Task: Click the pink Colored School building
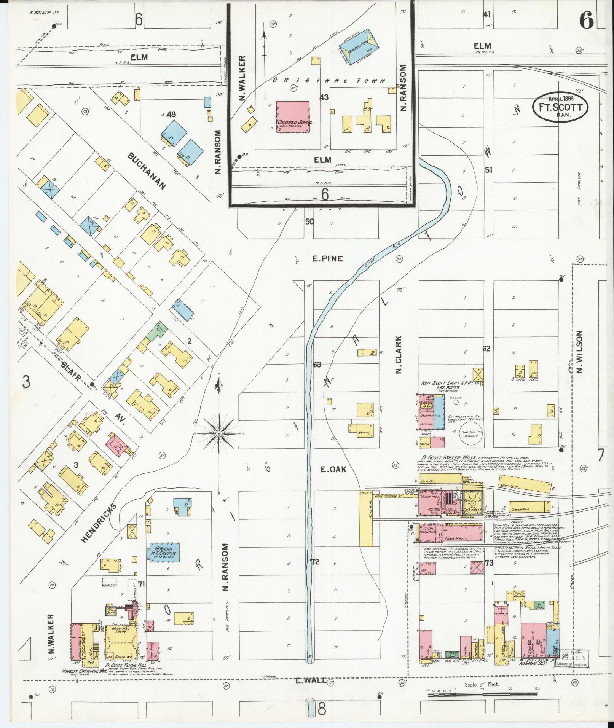[292, 117]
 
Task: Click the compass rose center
[219, 434]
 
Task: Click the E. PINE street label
[327, 259]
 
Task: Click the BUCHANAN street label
[147, 171]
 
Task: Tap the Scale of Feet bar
[482, 695]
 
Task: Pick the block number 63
[317, 365]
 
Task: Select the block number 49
[171, 114]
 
